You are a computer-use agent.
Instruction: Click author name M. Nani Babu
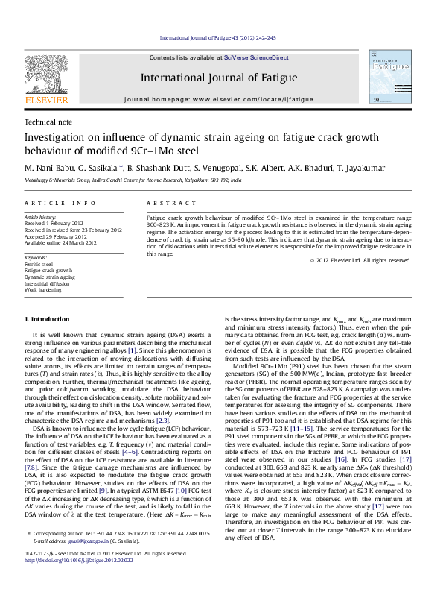tap(50, 170)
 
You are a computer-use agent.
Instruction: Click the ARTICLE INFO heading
tap(60, 203)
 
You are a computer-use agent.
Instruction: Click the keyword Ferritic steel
tap(39, 264)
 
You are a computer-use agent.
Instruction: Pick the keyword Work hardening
tap(42, 289)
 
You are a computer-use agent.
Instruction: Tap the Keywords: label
tap(36, 257)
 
